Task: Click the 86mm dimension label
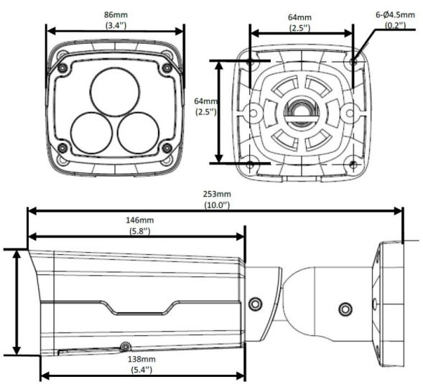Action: [116, 14]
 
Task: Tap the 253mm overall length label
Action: [217, 194]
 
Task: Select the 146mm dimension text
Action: [140, 220]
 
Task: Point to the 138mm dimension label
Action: [141, 359]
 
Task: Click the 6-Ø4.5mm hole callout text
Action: [395, 14]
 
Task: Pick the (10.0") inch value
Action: [217, 205]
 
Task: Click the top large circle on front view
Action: [115, 92]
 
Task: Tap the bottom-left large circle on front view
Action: [91, 134]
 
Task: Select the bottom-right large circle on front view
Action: [138, 134]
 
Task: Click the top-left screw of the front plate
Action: [63, 67]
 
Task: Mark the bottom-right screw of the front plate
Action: [167, 147]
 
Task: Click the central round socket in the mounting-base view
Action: [302, 113]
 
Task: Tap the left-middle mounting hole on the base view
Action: [254, 113]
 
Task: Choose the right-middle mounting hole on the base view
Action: [350, 113]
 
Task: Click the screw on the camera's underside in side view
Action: [125, 347]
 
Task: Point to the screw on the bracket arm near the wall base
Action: [345, 309]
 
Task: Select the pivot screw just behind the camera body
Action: [255, 304]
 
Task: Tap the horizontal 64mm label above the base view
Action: [299, 17]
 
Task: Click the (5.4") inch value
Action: [141, 370]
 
